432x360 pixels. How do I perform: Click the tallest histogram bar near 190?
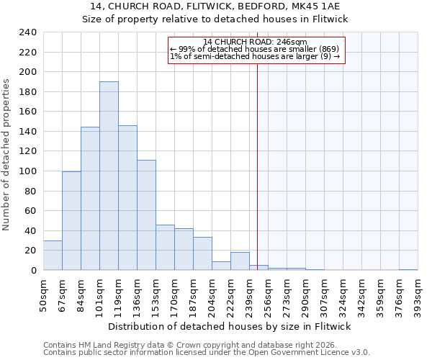[x=109, y=176]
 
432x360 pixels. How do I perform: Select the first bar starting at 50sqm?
[x=53, y=255]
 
